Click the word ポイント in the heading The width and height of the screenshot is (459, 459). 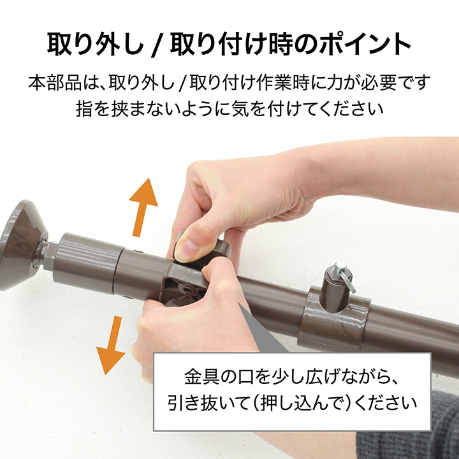click(366, 44)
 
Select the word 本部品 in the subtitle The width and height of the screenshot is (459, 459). click(55, 83)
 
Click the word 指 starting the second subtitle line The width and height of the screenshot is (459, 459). click(84, 109)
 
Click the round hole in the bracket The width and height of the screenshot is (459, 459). click(187, 290)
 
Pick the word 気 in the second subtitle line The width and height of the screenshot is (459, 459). click(239, 109)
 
